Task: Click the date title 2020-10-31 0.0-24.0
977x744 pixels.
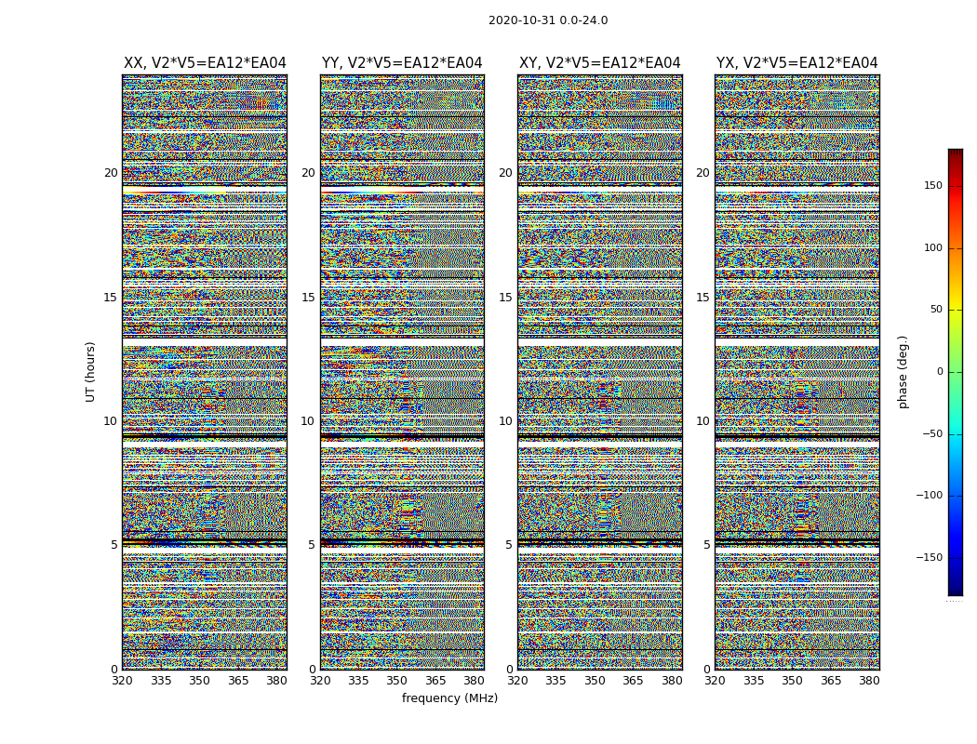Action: pos(548,20)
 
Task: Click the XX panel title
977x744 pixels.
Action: pos(205,63)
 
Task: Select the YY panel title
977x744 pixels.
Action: pos(402,63)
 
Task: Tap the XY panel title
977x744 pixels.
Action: pos(599,63)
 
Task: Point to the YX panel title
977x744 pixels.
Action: pos(796,63)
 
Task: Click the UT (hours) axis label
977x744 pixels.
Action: pos(90,371)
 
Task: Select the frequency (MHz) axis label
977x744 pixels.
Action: pos(449,698)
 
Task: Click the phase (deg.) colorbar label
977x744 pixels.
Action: pos(903,371)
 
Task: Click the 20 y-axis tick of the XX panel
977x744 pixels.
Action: pos(111,173)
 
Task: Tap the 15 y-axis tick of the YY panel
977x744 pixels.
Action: pos(308,298)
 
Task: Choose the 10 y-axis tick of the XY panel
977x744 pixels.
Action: pos(505,421)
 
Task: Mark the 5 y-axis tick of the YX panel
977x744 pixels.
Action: pos(706,545)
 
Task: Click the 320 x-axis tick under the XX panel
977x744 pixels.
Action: pos(122,681)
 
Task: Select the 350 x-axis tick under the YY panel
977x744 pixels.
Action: pos(397,681)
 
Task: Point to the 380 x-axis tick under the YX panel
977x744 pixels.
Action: pos(869,681)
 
